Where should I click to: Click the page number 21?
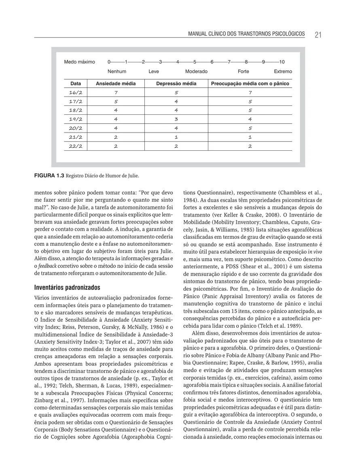point(318,35)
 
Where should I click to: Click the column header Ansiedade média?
point(116,84)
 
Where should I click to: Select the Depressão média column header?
point(176,84)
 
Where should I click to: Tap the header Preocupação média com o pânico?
point(250,84)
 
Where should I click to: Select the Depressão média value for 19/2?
point(176,119)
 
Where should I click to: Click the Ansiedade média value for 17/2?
point(116,101)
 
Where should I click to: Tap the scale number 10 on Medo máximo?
point(282,62)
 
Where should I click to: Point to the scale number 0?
point(109,62)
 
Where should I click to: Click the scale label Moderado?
point(196,72)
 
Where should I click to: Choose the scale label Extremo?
point(283,72)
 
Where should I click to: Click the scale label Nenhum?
point(117,72)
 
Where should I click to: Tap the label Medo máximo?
point(80,62)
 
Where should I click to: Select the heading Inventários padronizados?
point(66,288)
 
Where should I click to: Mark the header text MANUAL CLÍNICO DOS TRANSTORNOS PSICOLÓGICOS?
point(247,34)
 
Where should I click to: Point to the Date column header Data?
point(76,84)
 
